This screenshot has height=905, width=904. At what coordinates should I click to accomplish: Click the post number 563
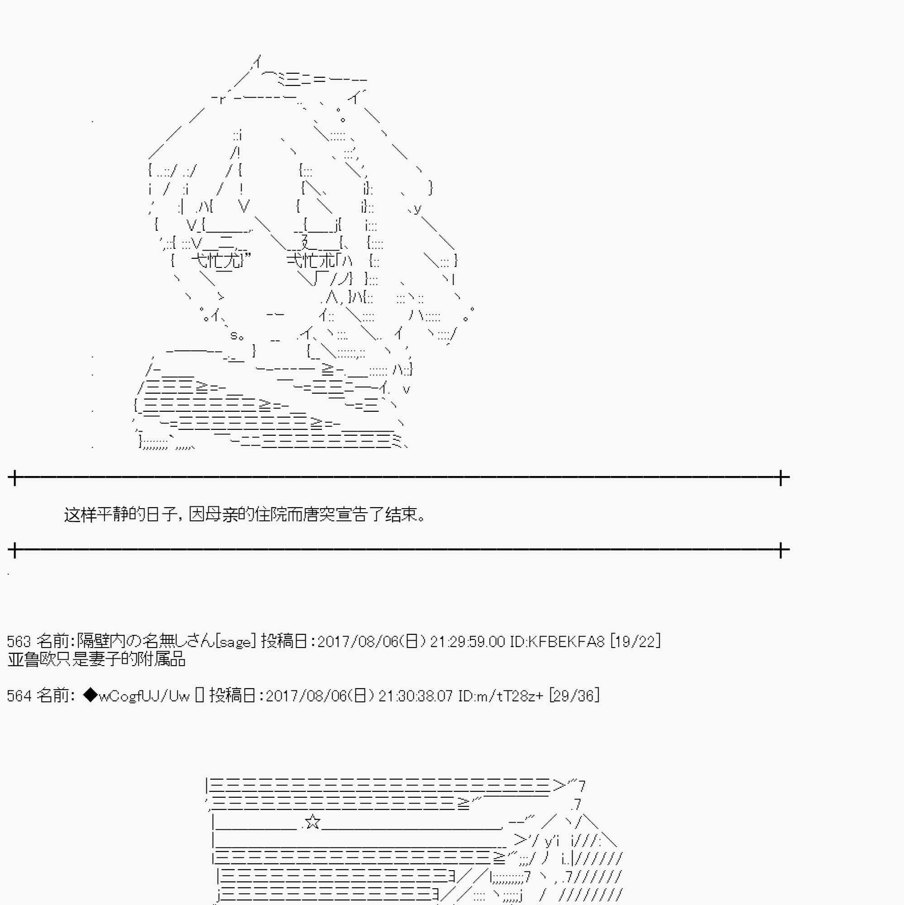(x=19, y=641)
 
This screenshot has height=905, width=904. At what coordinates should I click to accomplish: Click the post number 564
(x=19, y=695)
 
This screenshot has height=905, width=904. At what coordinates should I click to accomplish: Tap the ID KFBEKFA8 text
(x=557, y=641)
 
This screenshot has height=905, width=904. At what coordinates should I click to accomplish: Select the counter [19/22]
(x=636, y=641)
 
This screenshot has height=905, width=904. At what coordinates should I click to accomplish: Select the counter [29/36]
(x=574, y=695)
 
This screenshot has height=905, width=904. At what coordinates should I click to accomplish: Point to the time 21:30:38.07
(x=416, y=695)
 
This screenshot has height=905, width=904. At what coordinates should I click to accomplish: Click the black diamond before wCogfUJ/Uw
(x=90, y=695)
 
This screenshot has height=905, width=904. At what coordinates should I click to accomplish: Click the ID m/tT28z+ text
(x=501, y=695)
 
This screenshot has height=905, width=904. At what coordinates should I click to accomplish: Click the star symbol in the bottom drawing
(x=313, y=822)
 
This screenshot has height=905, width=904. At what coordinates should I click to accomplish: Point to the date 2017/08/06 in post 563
(x=358, y=641)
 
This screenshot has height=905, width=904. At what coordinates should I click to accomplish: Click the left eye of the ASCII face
(x=217, y=261)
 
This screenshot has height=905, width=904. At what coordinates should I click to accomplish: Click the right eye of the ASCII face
(x=311, y=261)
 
